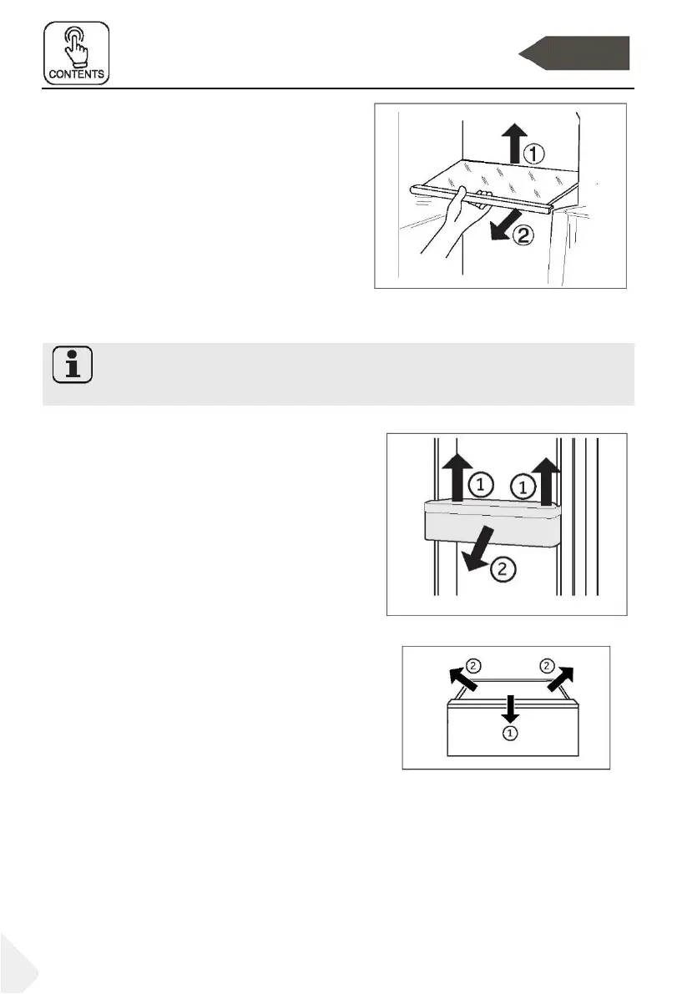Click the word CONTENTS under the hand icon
pyautogui.click(x=77, y=73)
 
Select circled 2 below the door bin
pyautogui.click(x=503, y=572)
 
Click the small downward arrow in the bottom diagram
pyautogui.click(x=508, y=708)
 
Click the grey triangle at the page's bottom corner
pyautogui.click(x=15, y=968)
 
